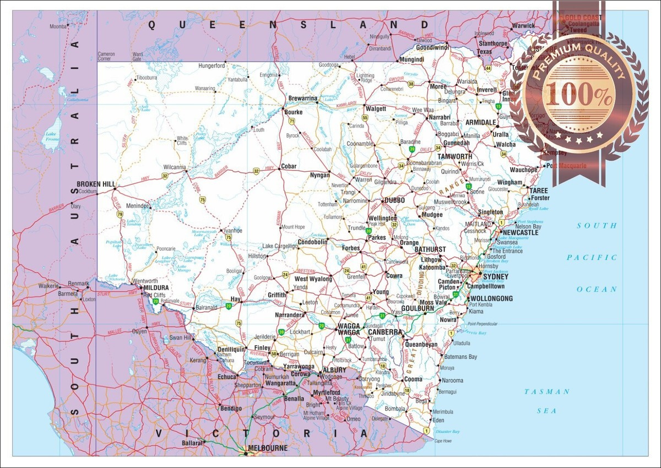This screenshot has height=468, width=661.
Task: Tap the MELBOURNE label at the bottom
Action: pos(268,449)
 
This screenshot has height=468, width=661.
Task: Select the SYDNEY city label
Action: pos(495,276)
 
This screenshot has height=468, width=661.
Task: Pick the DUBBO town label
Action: pos(394,200)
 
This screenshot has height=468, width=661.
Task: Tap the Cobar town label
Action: pos(289,166)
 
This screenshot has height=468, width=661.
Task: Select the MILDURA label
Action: pos(156,287)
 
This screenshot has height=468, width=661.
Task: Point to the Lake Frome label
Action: pos(51,137)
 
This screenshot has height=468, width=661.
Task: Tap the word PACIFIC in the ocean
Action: pos(592,258)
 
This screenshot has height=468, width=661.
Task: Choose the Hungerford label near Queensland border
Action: pos(212,66)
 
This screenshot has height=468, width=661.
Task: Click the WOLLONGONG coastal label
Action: pos(491,299)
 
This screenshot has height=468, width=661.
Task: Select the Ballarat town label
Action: pos(193,443)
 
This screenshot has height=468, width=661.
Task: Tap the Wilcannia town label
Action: pos(175,167)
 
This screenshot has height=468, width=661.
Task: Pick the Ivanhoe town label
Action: pos(232,231)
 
